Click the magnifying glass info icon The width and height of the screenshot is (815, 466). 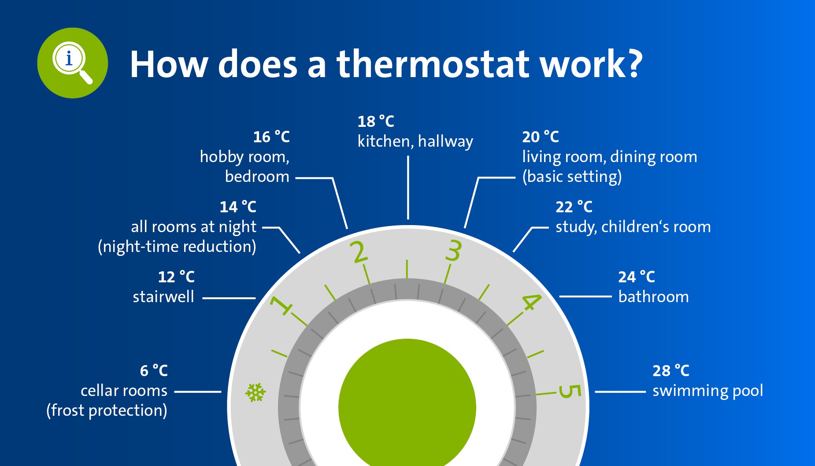tap(72, 63)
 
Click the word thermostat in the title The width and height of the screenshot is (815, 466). tap(433, 64)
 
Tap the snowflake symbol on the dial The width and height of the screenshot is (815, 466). tap(256, 392)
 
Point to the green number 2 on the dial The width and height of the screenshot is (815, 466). tap(359, 252)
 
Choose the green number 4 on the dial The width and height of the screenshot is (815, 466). tap(531, 302)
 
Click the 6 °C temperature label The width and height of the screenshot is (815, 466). tap(154, 371)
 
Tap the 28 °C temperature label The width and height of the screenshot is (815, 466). tap(671, 371)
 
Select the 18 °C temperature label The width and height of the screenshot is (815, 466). tap(376, 122)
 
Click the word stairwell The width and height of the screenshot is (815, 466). tap(163, 297)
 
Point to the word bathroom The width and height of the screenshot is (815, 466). tap(653, 297)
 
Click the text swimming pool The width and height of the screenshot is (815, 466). tap(708, 391)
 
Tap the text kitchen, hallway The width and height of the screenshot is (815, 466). tap(415, 142)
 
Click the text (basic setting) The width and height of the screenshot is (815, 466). tap(572, 177)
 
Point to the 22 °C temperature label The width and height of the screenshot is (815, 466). tap(574, 207)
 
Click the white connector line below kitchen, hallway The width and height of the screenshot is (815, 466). tap(408, 188)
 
